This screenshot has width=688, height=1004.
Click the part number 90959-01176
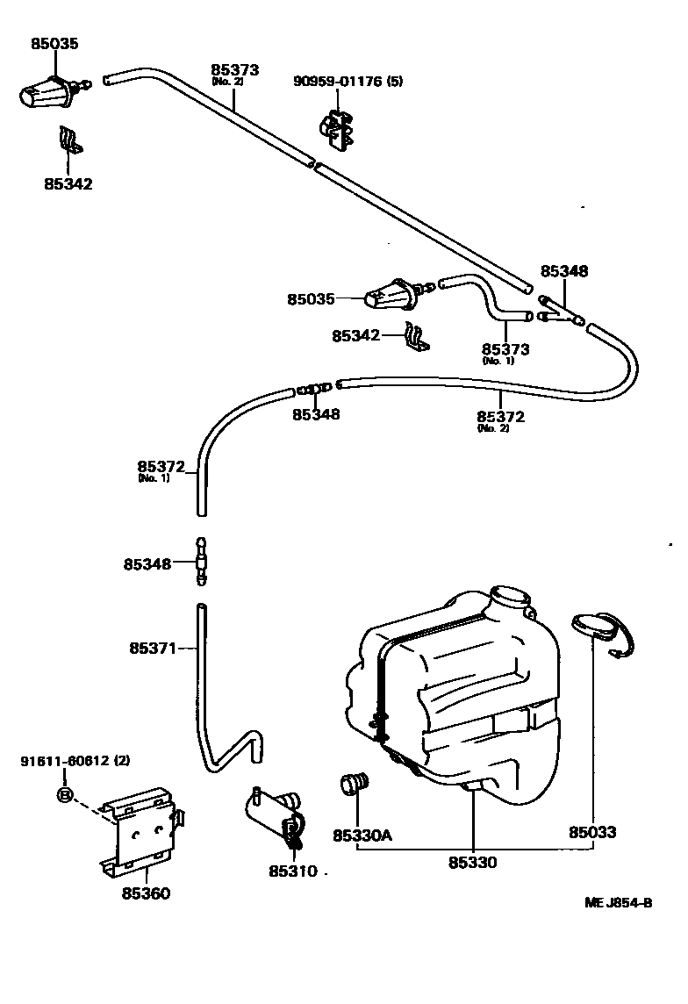[339, 82]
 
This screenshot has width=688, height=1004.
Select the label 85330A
[362, 835]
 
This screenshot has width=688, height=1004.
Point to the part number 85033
[591, 832]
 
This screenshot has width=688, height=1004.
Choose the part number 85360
[146, 893]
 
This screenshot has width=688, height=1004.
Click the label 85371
[153, 649]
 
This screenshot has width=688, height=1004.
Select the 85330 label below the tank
[472, 863]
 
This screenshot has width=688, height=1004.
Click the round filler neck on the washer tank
[511, 602]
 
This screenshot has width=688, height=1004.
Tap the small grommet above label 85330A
[355, 784]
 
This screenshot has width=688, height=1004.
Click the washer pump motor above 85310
[276, 813]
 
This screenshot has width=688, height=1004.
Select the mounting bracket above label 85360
[142, 828]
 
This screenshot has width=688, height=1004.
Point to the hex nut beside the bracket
[64, 795]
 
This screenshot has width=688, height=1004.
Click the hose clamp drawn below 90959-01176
[337, 128]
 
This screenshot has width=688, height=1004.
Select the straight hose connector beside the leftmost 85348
[201, 563]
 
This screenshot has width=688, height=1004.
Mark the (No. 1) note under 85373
[496, 361]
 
